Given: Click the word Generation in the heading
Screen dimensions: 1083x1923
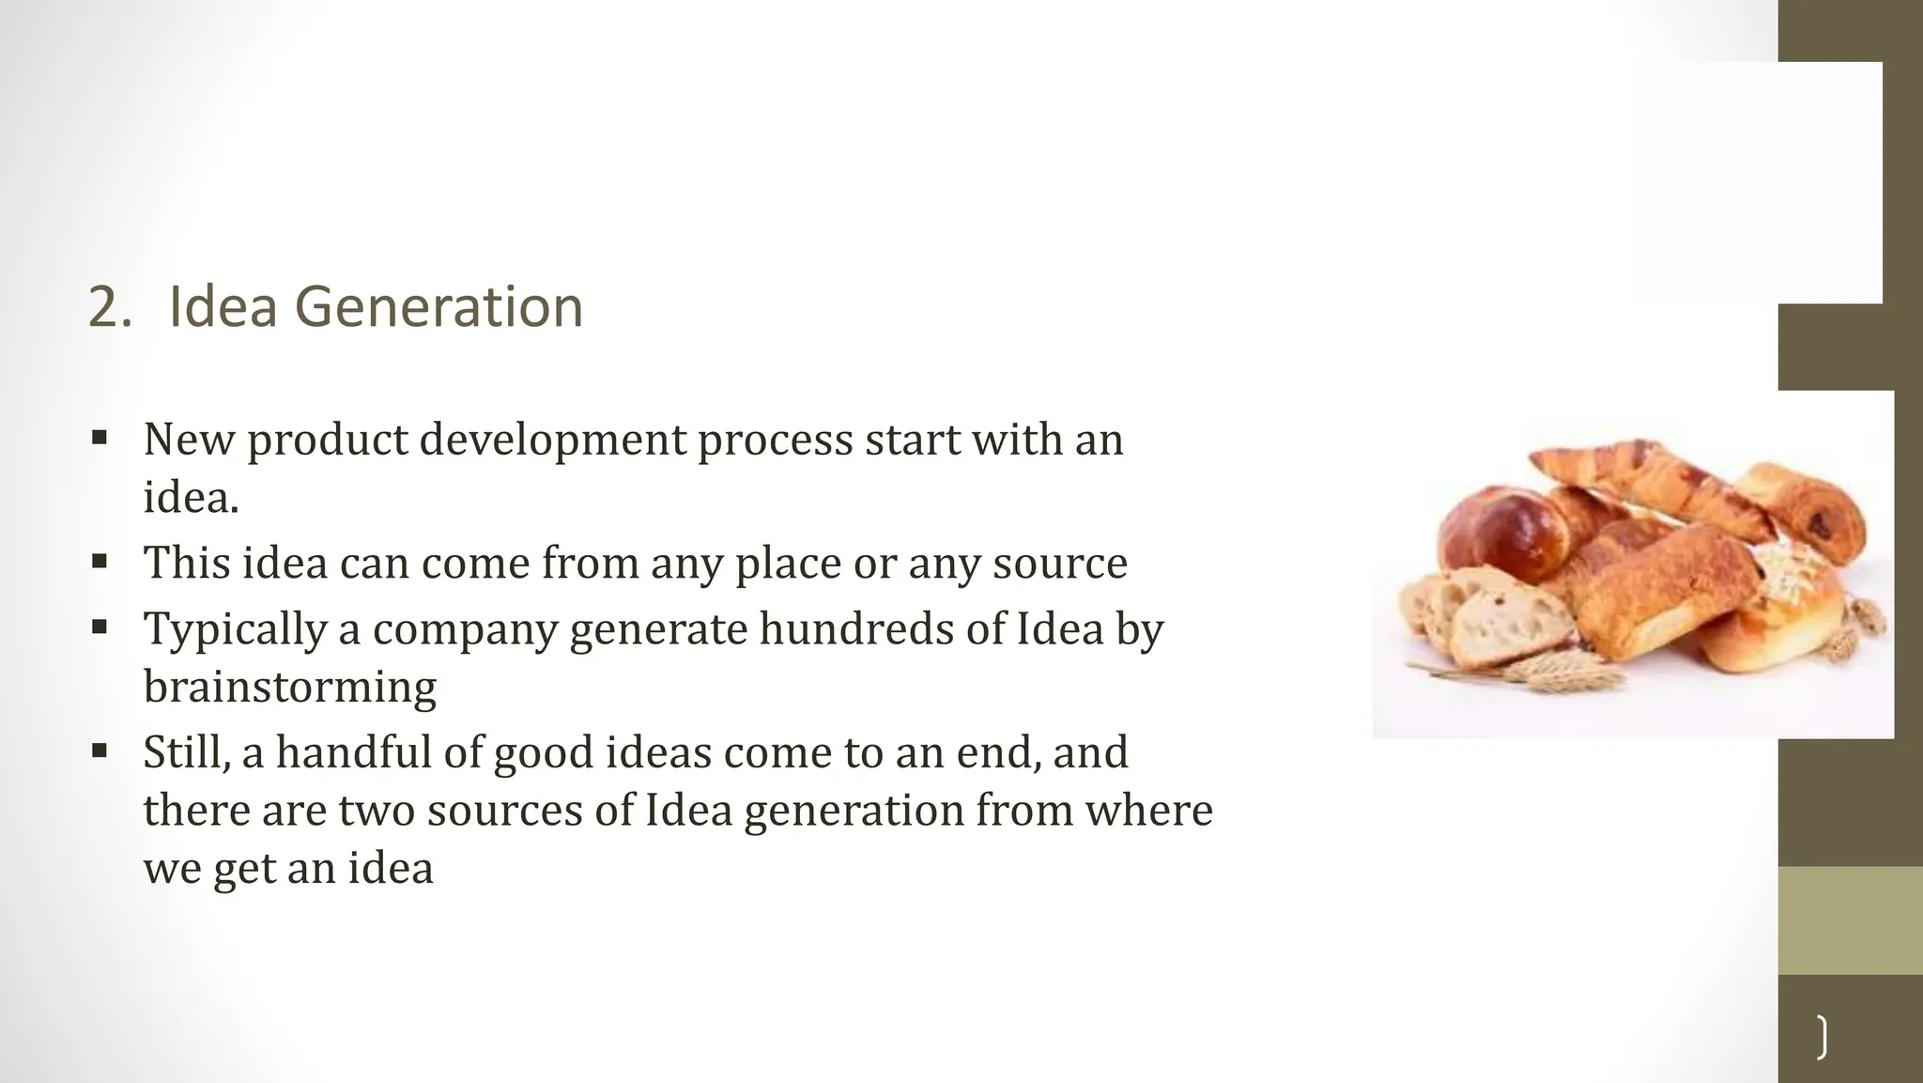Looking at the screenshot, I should coord(438,307).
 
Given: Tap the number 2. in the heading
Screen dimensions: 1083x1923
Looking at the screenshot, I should coord(110,307).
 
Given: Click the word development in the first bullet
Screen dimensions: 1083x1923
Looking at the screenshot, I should coord(553,440).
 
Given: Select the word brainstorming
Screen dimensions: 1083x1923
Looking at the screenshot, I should coord(289,687).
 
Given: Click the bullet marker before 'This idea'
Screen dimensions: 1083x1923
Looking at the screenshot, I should coord(100,561).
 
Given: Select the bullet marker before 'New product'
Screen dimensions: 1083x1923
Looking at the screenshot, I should coord(100,438).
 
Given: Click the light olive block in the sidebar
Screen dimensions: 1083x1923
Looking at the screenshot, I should coord(1850,920).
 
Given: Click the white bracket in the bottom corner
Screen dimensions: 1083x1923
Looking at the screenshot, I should coord(1822,1037).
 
